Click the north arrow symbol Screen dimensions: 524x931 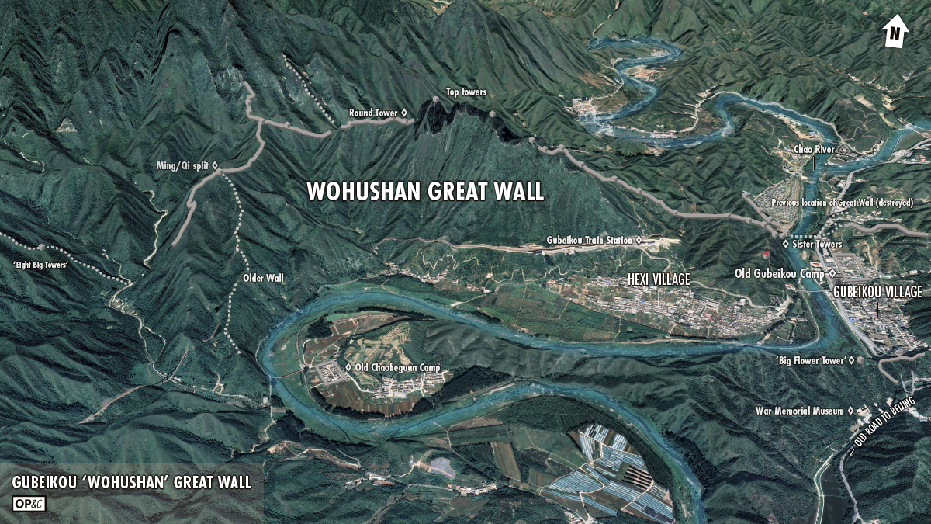895,33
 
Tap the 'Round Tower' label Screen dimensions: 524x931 373,113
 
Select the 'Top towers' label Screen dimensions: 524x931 466,92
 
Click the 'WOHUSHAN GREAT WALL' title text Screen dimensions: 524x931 425,192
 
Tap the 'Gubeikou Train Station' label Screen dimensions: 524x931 590,241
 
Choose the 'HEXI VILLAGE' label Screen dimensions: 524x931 658,279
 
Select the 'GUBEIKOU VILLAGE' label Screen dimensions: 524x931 877,292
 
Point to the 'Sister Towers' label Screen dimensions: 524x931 817,245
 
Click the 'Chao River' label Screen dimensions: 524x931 813,148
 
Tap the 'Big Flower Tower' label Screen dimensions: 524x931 811,360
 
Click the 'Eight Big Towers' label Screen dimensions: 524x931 40,266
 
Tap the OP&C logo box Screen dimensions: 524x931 29,503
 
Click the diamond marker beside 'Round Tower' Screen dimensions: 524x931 404,113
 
